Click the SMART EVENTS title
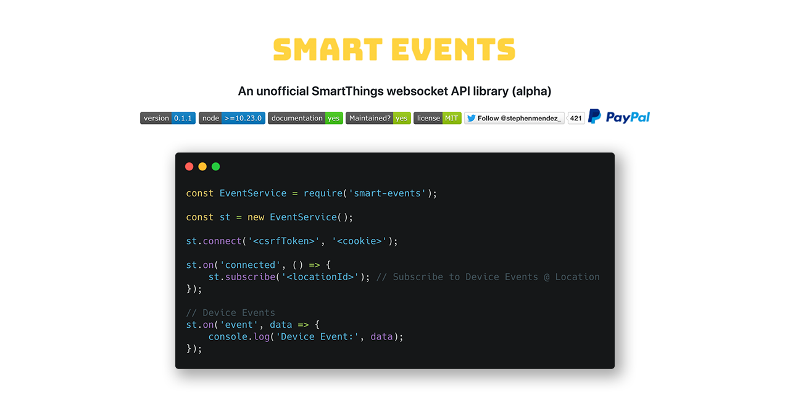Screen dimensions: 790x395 pos(394,49)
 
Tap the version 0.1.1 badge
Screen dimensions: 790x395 pos(168,118)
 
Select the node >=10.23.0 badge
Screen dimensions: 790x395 pos(232,118)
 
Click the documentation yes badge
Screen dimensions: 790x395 pos(306,118)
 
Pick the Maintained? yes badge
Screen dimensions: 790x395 pos(378,118)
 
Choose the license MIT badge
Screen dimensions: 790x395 pos(438,118)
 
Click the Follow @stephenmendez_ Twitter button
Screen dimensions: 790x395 pos(514,118)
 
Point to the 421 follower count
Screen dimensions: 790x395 pos(576,118)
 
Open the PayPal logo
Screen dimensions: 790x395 pos(619,117)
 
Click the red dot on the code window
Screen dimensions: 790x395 pos(189,167)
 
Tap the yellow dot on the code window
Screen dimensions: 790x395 pos(202,167)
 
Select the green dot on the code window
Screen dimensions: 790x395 pos(216,167)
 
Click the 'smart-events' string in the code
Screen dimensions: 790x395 pos(387,193)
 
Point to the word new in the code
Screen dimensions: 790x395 pos(256,217)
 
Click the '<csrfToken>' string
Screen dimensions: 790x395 pos(284,241)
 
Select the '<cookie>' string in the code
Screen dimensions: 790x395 pos(360,241)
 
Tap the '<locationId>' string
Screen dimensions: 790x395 pos(320,277)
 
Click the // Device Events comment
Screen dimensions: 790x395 pos(231,313)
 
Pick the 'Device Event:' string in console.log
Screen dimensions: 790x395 pos(317,337)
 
